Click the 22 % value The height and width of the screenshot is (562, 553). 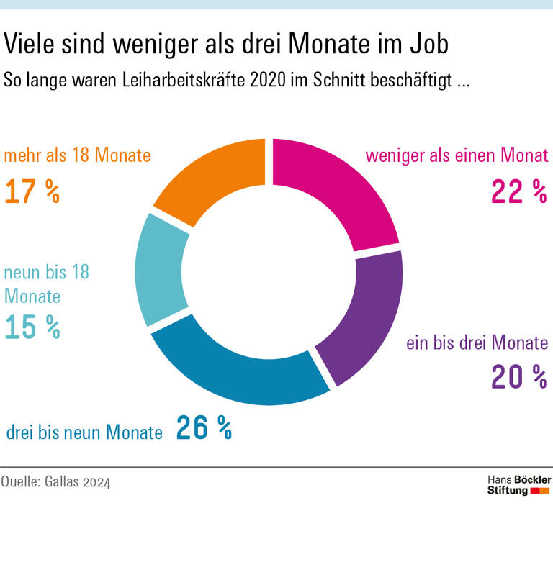[x=518, y=192]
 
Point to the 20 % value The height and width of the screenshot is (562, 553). [x=518, y=376]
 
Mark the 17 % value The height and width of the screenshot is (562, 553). [x=32, y=192]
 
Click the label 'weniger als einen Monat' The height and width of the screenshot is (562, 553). [x=457, y=155]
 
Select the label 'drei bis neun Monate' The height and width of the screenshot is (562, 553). [x=85, y=432]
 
